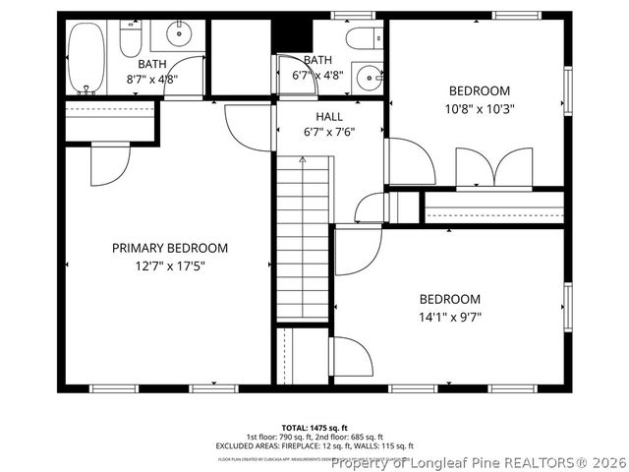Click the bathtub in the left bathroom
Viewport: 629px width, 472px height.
(87, 58)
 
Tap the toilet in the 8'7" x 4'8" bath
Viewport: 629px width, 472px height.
(132, 39)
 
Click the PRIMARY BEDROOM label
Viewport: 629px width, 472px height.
(169, 249)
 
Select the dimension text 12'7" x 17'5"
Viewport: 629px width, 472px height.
(169, 265)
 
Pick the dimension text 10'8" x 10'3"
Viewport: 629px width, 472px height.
(481, 108)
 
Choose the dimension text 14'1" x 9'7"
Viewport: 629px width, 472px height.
(450, 317)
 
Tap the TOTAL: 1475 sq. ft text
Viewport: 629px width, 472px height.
(314, 428)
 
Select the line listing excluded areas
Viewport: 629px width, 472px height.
(314, 446)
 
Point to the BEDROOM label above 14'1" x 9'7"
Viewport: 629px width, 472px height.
(450, 300)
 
